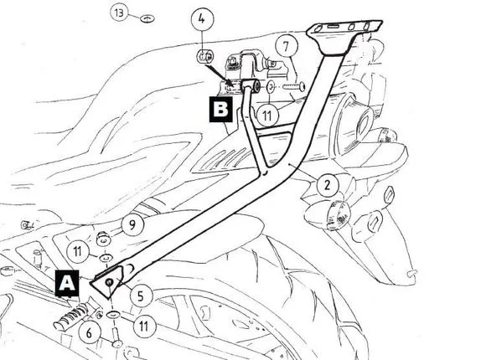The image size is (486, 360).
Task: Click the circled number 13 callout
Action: (x=119, y=13)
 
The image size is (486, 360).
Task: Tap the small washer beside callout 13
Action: (x=147, y=18)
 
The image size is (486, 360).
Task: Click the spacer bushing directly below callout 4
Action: (x=205, y=56)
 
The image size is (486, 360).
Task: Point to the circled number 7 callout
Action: (x=286, y=47)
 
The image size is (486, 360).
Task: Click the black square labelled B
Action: (x=221, y=110)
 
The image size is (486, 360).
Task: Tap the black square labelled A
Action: (x=67, y=283)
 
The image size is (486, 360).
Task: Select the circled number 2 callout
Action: (x=328, y=185)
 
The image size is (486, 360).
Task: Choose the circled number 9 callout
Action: (x=132, y=225)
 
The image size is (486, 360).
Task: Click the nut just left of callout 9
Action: (x=104, y=239)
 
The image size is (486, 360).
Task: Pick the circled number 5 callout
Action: (x=141, y=296)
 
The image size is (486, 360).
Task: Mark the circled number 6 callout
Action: (x=90, y=333)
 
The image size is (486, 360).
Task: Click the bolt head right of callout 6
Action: (x=116, y=343)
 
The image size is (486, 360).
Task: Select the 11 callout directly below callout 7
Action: (x=266, y=116)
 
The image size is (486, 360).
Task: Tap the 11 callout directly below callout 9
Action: (x=78, y=251)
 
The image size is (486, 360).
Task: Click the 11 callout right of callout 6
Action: (x=144, y=327)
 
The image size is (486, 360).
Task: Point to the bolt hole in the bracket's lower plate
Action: (x=109, y=282)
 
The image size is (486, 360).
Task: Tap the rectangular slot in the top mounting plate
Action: (x=333, y=28)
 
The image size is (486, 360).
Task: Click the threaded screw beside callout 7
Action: (x=294, y=86)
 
